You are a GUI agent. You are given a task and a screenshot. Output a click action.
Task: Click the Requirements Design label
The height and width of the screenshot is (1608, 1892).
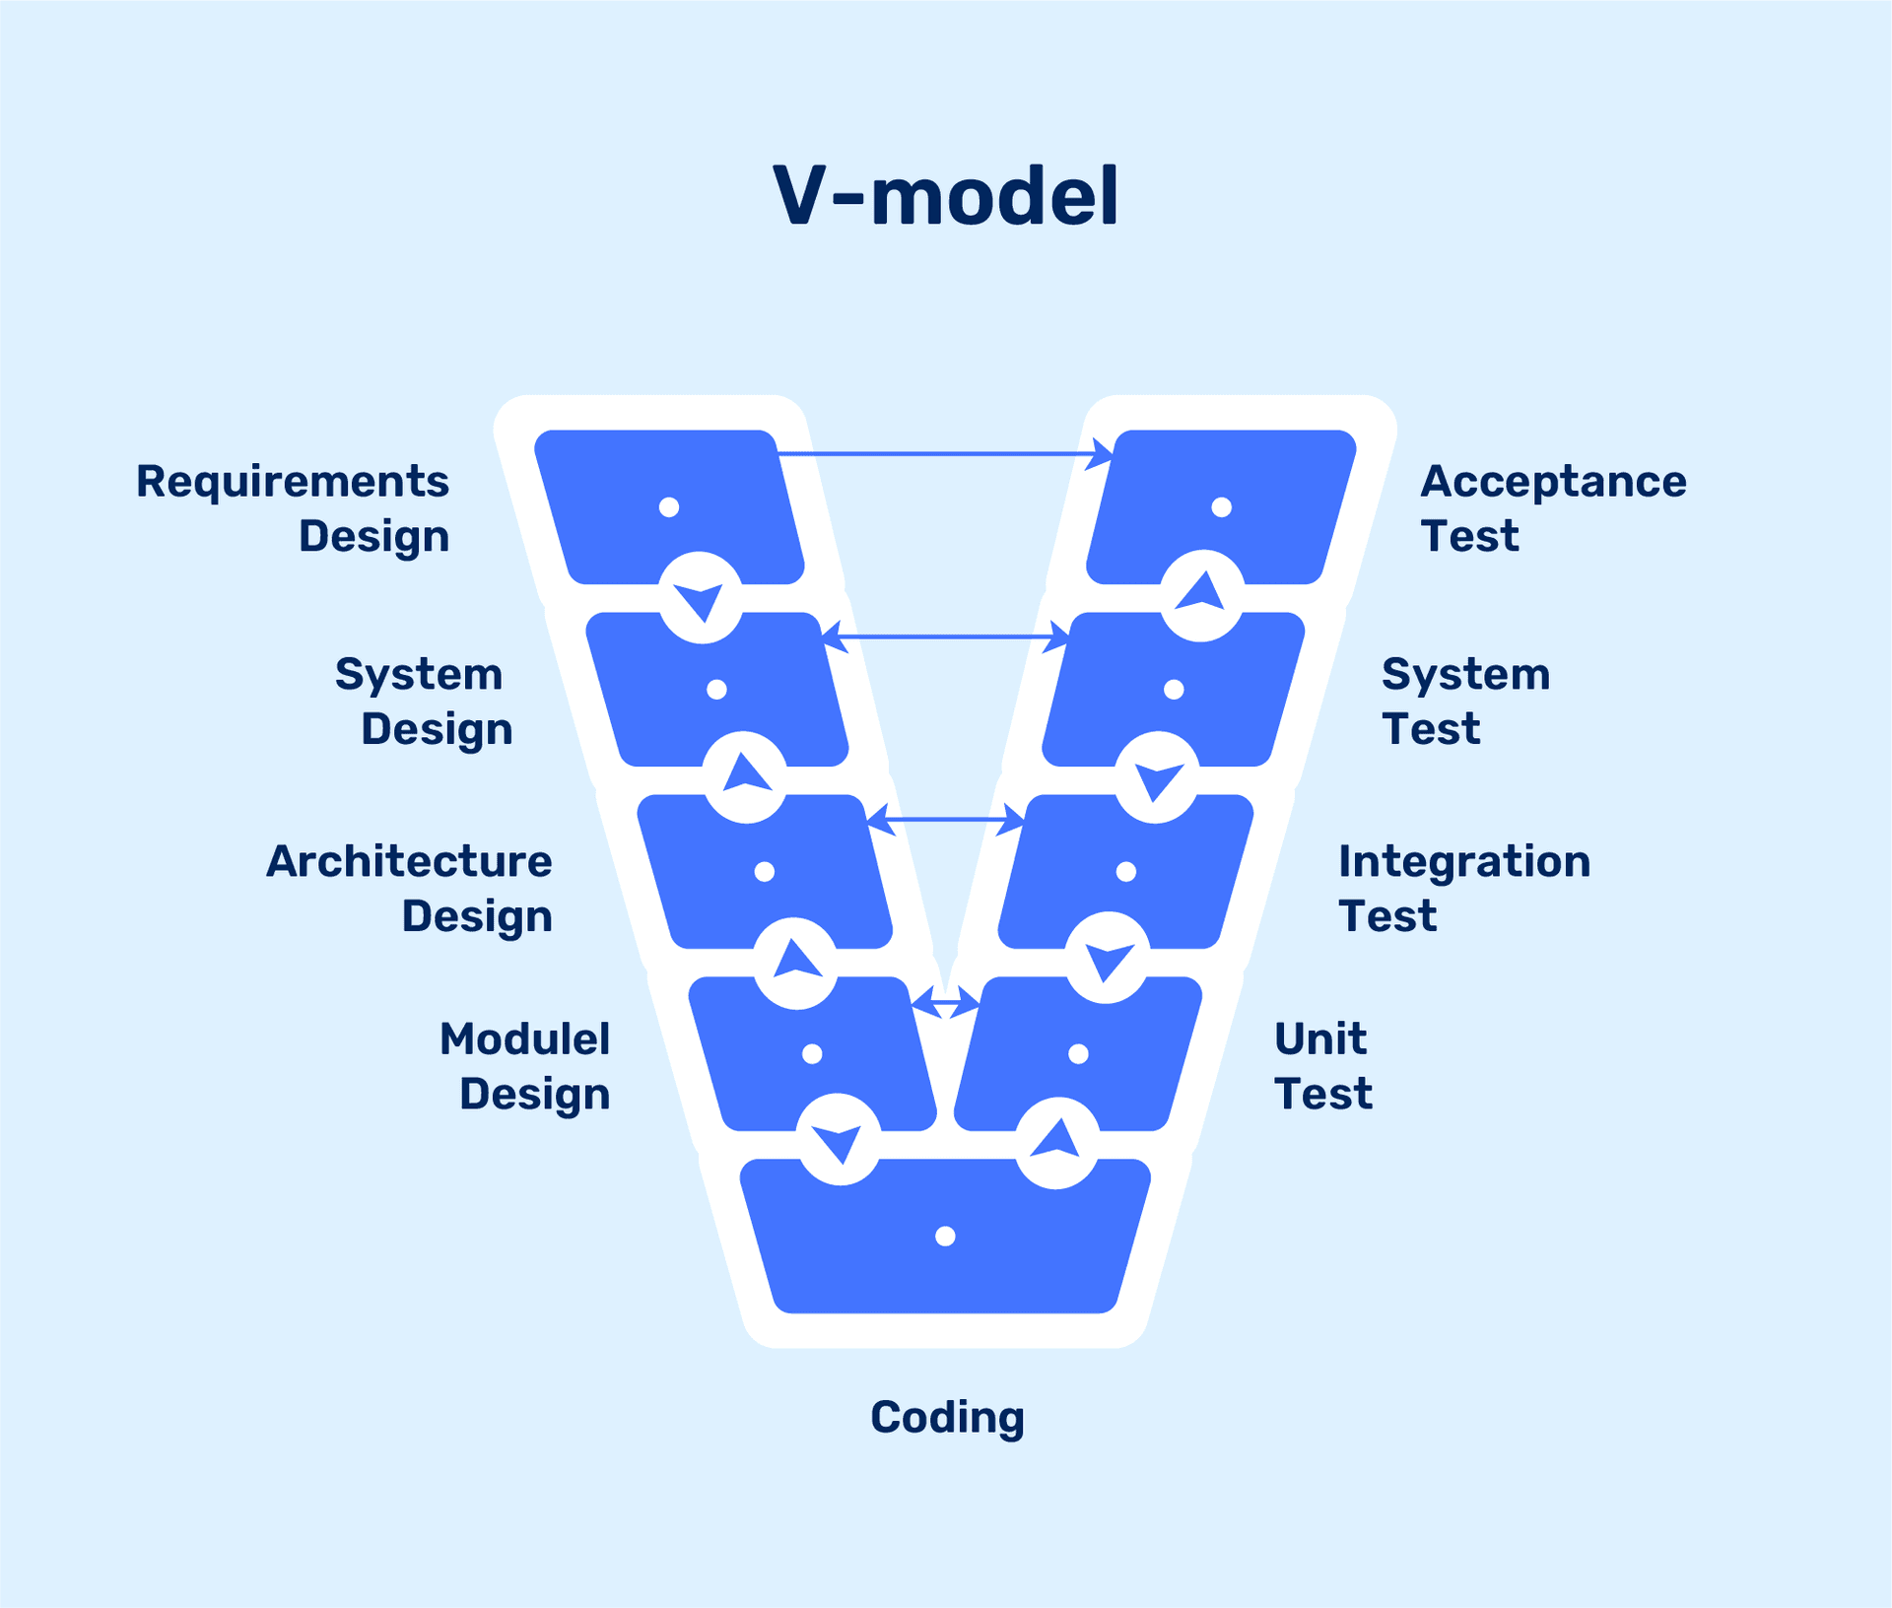pos(293,508)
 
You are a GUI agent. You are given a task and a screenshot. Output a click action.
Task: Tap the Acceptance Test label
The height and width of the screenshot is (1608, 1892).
pos(1553,508)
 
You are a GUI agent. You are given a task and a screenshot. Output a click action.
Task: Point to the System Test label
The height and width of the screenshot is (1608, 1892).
pos(1465,702)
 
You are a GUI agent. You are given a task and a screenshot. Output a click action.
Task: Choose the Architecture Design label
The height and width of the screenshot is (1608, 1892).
pos(409,889)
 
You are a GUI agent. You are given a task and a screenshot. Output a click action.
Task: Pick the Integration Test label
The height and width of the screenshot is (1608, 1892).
pos(1463,889)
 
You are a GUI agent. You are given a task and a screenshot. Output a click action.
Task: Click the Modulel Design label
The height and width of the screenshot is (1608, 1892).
pos(524,1066)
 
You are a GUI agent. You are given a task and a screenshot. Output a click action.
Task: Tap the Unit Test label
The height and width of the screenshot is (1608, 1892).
pos(1322,1066)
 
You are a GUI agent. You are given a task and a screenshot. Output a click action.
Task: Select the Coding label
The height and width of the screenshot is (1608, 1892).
pos(947,1418)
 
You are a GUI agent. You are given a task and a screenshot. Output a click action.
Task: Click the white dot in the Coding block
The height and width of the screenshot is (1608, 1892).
pos(945,1236)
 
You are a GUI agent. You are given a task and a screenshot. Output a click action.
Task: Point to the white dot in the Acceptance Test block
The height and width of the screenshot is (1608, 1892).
pos(1221,507)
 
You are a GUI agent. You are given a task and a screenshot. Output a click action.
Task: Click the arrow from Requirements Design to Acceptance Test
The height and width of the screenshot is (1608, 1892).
pos(944,454)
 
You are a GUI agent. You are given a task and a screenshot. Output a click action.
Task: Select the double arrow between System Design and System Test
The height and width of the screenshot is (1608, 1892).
pos(945,637)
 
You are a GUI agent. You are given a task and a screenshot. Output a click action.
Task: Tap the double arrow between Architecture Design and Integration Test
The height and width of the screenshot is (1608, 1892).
pos(945,819)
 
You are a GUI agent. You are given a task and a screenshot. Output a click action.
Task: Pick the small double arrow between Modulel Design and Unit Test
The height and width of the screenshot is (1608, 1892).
pos(946,1003)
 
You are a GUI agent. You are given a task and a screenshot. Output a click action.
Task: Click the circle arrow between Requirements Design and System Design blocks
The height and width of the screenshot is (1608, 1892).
pos(700,597)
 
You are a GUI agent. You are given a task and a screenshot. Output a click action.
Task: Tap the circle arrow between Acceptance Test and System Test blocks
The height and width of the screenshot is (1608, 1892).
pos(1202,595)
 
